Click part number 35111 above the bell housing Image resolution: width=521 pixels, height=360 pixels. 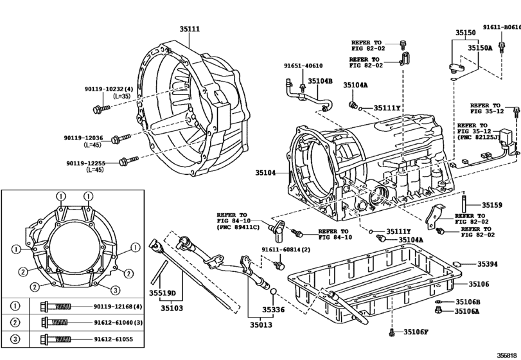tap(190, 29)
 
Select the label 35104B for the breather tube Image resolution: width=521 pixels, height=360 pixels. tap(320, 81)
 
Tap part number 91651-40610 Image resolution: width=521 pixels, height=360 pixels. tap(303, 66)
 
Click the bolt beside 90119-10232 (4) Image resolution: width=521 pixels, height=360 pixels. tap(102, 109)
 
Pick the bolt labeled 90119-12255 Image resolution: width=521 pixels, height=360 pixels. tap(128, 161)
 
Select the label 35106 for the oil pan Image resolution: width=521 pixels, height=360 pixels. tap(479, 284)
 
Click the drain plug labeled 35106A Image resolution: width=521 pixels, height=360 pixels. tap(438, 310)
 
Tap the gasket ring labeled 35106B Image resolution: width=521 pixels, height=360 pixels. tap(438, 302)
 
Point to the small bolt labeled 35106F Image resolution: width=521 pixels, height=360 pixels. tap(391, 332)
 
